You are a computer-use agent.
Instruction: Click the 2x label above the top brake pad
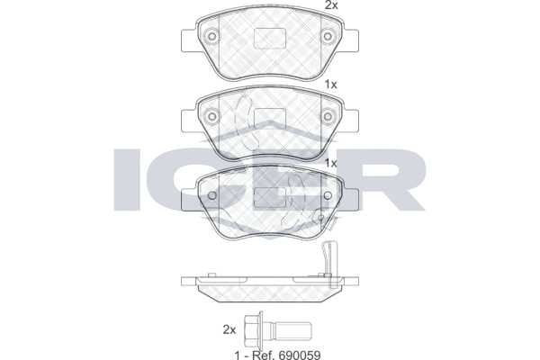pos(332,5)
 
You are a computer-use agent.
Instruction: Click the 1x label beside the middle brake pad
pos(331,85)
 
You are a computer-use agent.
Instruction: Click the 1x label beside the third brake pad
pos(331,163)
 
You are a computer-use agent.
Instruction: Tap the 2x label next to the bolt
pos(229,329)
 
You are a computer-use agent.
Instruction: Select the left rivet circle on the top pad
pos(212,37)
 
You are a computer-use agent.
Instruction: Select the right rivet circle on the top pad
pos(328,37)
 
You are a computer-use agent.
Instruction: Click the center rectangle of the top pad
pos(270,38)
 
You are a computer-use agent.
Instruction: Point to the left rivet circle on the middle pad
pos(212,116)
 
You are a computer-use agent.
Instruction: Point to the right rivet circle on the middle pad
pos(328,116)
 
